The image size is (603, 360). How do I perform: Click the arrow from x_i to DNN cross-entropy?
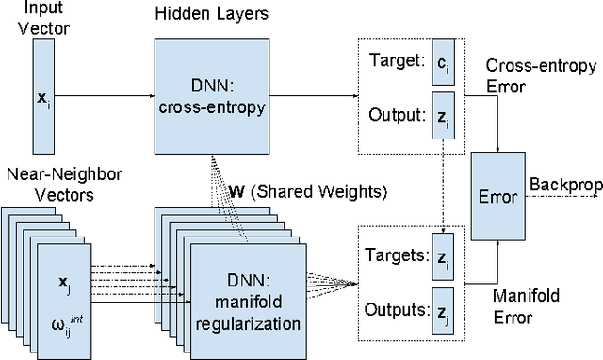(104, 93)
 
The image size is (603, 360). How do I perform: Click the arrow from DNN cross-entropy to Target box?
(311, 93)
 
